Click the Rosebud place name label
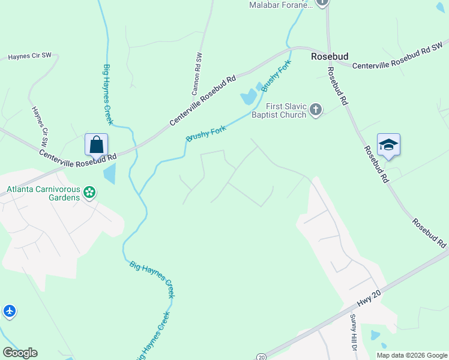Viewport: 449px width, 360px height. click(x=330, y=56)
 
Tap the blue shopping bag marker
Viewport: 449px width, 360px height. click(x=96, y=145)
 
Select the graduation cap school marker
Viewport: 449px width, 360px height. click(x=388, y=145)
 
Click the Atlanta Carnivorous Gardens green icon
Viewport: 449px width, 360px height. click(x=89, y=193)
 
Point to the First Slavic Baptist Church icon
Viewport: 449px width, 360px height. click(x=316, y=110)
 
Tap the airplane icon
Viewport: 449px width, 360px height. click(x=9, y=311)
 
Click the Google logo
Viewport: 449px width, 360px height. click(x=20, y=353)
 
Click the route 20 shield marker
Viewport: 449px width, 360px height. click(x=261, y=356)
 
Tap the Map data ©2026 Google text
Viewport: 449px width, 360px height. click(x=411, y=355)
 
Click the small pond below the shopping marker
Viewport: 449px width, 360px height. click(x=109, y=174)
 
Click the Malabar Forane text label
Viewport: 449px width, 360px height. click(x=281, y=5)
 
